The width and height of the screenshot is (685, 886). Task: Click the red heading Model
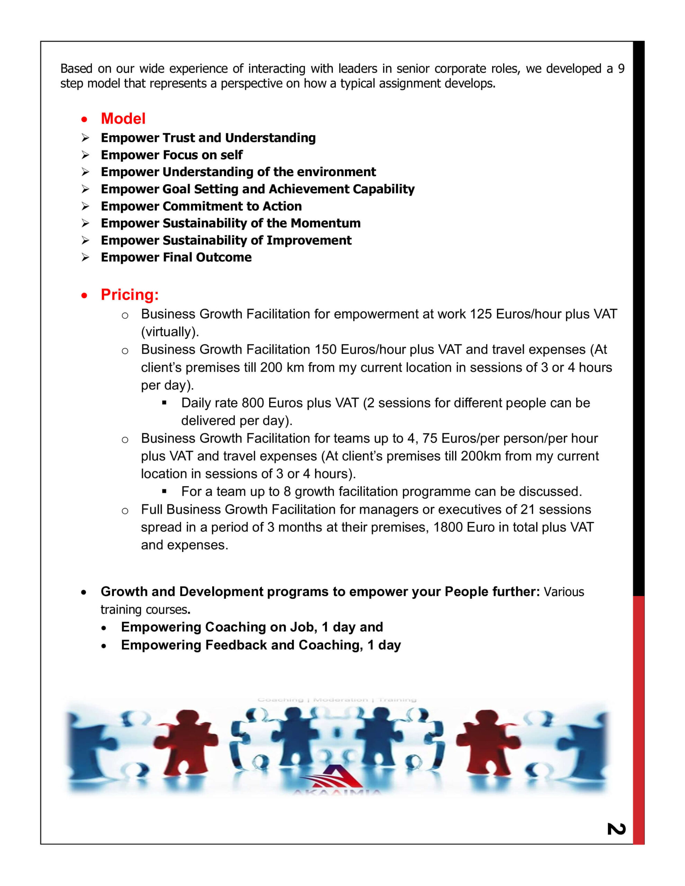tap(123, 118)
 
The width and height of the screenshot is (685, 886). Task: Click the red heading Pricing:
tap(130, 295)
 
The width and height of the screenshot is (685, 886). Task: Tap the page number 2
tap(616, 829)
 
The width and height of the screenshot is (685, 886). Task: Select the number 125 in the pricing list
tap(481, 314)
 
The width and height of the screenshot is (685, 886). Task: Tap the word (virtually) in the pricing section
tap(170, 332)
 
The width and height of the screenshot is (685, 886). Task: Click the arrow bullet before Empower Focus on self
tap(85, 155)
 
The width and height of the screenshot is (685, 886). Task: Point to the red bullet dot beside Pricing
tap(84, 296)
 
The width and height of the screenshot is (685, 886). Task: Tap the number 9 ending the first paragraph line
tap(621, 69)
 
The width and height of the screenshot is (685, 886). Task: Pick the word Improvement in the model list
tap(309, 240)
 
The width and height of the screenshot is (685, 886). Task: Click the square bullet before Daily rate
tap(164, 403)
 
